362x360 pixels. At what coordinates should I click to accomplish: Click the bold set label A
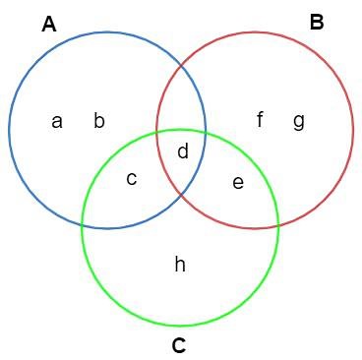coord(49,25)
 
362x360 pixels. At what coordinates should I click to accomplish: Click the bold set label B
coord(317,22)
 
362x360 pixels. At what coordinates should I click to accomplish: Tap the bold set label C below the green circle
coord(178,345)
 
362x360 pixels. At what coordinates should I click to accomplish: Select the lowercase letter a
coord(57,121)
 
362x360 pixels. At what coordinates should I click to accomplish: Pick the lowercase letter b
coord(98,121)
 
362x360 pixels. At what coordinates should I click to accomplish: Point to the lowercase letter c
coord(131,178)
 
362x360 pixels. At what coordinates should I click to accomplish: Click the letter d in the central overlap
coord(182,151)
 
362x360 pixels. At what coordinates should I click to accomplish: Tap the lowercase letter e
coord(237,182)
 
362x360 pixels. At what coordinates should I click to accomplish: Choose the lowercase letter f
coord(260,120)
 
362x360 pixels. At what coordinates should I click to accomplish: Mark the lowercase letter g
coord(298,121)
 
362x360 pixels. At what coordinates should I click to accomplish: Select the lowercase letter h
coord(180,264)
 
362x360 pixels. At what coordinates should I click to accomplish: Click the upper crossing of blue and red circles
coord(181,64)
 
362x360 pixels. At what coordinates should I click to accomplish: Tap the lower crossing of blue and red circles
coord(181,195)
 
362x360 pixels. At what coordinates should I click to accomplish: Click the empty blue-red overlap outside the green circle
coord(181,98)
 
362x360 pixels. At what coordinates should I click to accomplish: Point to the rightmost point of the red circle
coord(353,129)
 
